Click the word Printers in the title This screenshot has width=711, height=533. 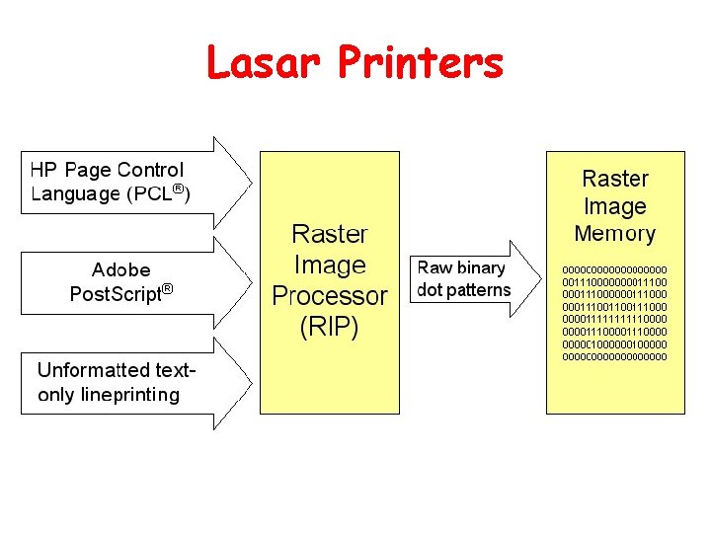click(x=421, y=64)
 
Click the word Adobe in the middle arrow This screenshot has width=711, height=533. click(x=121, y=269)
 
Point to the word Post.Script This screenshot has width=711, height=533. click(x=115, y=294)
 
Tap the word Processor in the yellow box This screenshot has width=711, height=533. click(x=330, y=295)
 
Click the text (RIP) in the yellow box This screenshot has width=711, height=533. click(x=330, y=326)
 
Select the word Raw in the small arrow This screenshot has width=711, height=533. click(x=435, y=267)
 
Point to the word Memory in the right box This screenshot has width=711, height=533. click(x=614, y=234)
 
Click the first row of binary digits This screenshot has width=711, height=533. click(x=614, y=268)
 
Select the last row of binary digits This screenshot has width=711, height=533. click(x=614, y=356)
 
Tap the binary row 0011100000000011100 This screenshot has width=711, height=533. click(x=614, y=281)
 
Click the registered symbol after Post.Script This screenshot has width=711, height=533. click(x=168, y=289)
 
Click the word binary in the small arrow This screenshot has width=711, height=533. click(x=481, y=267)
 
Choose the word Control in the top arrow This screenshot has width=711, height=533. click(x=150, y=171)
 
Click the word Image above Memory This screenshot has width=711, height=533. click(x=614, y=206)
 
